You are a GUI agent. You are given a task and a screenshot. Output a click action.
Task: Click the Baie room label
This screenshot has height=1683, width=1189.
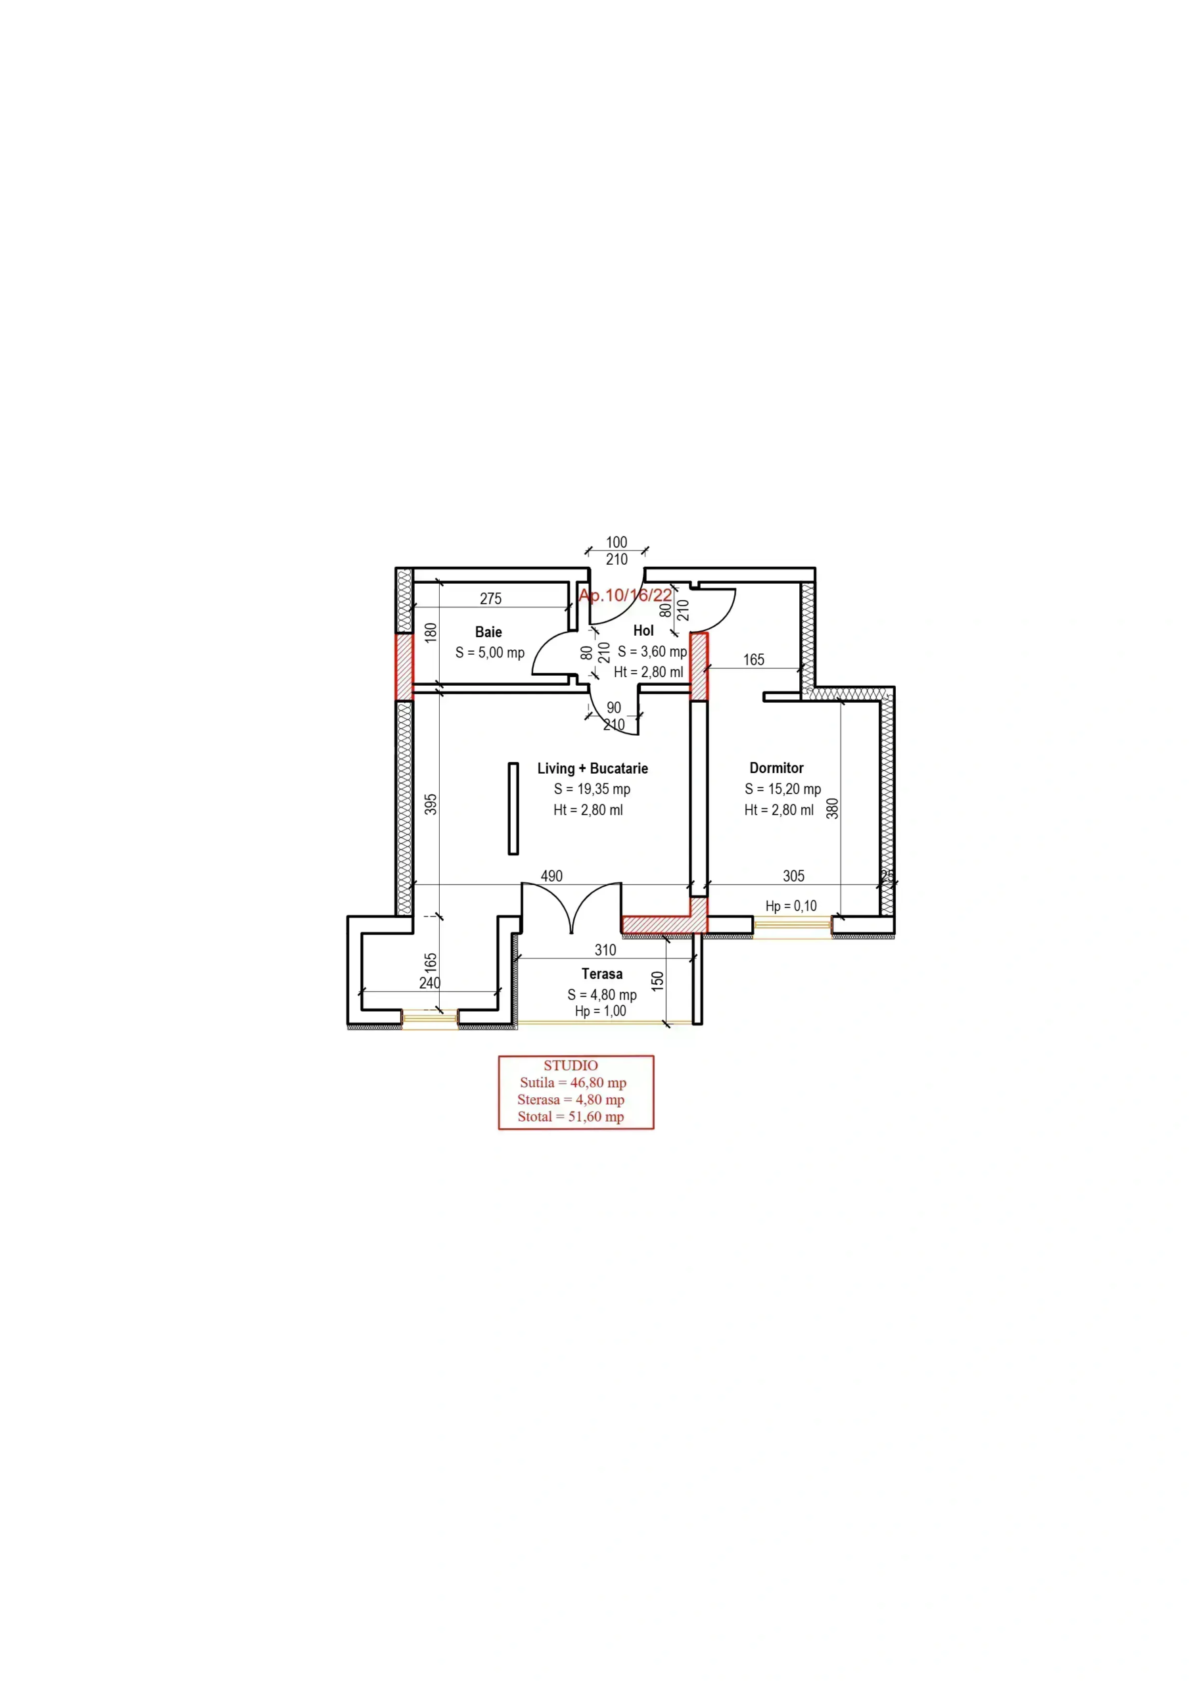pyautogui.click(x=488, y=632)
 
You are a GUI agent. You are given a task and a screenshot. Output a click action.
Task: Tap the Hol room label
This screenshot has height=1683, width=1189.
pyautogui.click(x=643, y=630)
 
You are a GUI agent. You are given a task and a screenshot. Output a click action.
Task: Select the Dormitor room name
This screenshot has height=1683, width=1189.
pyautogui.click(x=776, y=769)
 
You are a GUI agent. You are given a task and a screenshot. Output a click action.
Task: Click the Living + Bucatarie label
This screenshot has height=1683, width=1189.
pyautogui.click(x=592, y=769)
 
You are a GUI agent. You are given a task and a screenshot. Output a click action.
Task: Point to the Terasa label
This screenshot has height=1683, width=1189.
pyautogui.click(x=602, y=974)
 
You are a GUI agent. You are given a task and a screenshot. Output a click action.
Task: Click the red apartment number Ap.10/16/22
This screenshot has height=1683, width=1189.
pyautogui.click(x=625, y=595)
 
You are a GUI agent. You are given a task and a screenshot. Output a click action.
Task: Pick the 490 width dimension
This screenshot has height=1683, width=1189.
pyautogui.click(x=551, y=876)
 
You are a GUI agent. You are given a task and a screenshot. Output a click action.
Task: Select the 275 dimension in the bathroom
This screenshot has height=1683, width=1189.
pyautogui.click(x=490, y=599)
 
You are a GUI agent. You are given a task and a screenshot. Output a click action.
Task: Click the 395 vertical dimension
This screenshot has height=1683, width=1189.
pyautogui.click(x=431, y=804)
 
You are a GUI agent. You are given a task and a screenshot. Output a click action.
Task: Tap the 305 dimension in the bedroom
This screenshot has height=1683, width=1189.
pyautogui.click(x=793, y=876)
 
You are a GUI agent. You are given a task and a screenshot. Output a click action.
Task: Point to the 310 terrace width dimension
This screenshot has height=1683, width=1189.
pyautogui.click(x=605, y=950)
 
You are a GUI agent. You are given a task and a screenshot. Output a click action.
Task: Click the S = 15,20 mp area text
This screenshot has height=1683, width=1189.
pyautogui.click(x=783, y=790)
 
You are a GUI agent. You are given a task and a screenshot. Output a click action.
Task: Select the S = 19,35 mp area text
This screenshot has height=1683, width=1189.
pyautogui.click(x=592, y=790)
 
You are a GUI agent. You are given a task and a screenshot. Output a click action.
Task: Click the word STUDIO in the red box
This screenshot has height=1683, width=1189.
pyautogui.click(x=571, y=1066)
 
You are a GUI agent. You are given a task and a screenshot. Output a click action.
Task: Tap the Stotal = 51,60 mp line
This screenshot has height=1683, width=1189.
pyautogui.click(x=571, y=1117)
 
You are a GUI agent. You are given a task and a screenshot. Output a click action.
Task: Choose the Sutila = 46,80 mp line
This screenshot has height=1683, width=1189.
pyautogui.click(x=572, y=1083)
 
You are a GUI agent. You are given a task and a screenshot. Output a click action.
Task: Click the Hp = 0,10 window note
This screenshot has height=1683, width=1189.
pyautogui.click(x=791, y=906)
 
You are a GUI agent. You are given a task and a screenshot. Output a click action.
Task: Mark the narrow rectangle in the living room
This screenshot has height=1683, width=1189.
pyautogui.click(x=513, y=809)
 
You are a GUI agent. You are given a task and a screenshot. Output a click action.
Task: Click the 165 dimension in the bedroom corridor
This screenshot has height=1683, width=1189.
pyautogui.click(x=754, y=659)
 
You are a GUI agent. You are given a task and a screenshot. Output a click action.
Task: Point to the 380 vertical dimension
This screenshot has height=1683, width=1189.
pyautogui.click(x=832, y=808)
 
